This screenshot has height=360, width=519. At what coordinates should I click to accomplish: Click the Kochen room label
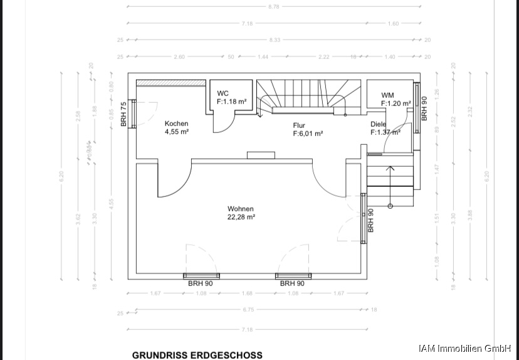pos(176,124)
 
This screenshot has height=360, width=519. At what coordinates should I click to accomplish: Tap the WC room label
pos(223,93)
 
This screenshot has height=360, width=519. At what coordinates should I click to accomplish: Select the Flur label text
pos(299,125)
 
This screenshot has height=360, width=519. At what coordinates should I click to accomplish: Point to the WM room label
pos(388,95)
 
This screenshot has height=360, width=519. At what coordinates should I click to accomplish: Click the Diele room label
pos(378,124)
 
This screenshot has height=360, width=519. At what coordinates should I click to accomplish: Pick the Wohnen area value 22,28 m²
pos(241,218)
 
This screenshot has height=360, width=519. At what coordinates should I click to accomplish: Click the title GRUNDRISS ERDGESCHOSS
pos(197,354)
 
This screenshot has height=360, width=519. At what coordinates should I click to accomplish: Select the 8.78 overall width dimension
pos(273,7)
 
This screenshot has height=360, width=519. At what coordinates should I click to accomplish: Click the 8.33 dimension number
pos(275,40)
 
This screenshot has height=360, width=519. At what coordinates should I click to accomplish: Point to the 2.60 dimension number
pos(179,57)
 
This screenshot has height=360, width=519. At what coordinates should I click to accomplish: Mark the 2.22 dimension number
pos(323,57)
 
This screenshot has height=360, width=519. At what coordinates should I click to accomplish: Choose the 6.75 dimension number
pos(248,310)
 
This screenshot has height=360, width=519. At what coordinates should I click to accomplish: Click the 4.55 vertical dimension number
pos(112,203)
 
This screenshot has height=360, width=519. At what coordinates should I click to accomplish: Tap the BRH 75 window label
pos(123,114)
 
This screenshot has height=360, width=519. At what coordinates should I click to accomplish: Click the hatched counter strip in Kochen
pos(171,83)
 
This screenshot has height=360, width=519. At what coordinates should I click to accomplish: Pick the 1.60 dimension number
pos(393,24)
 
